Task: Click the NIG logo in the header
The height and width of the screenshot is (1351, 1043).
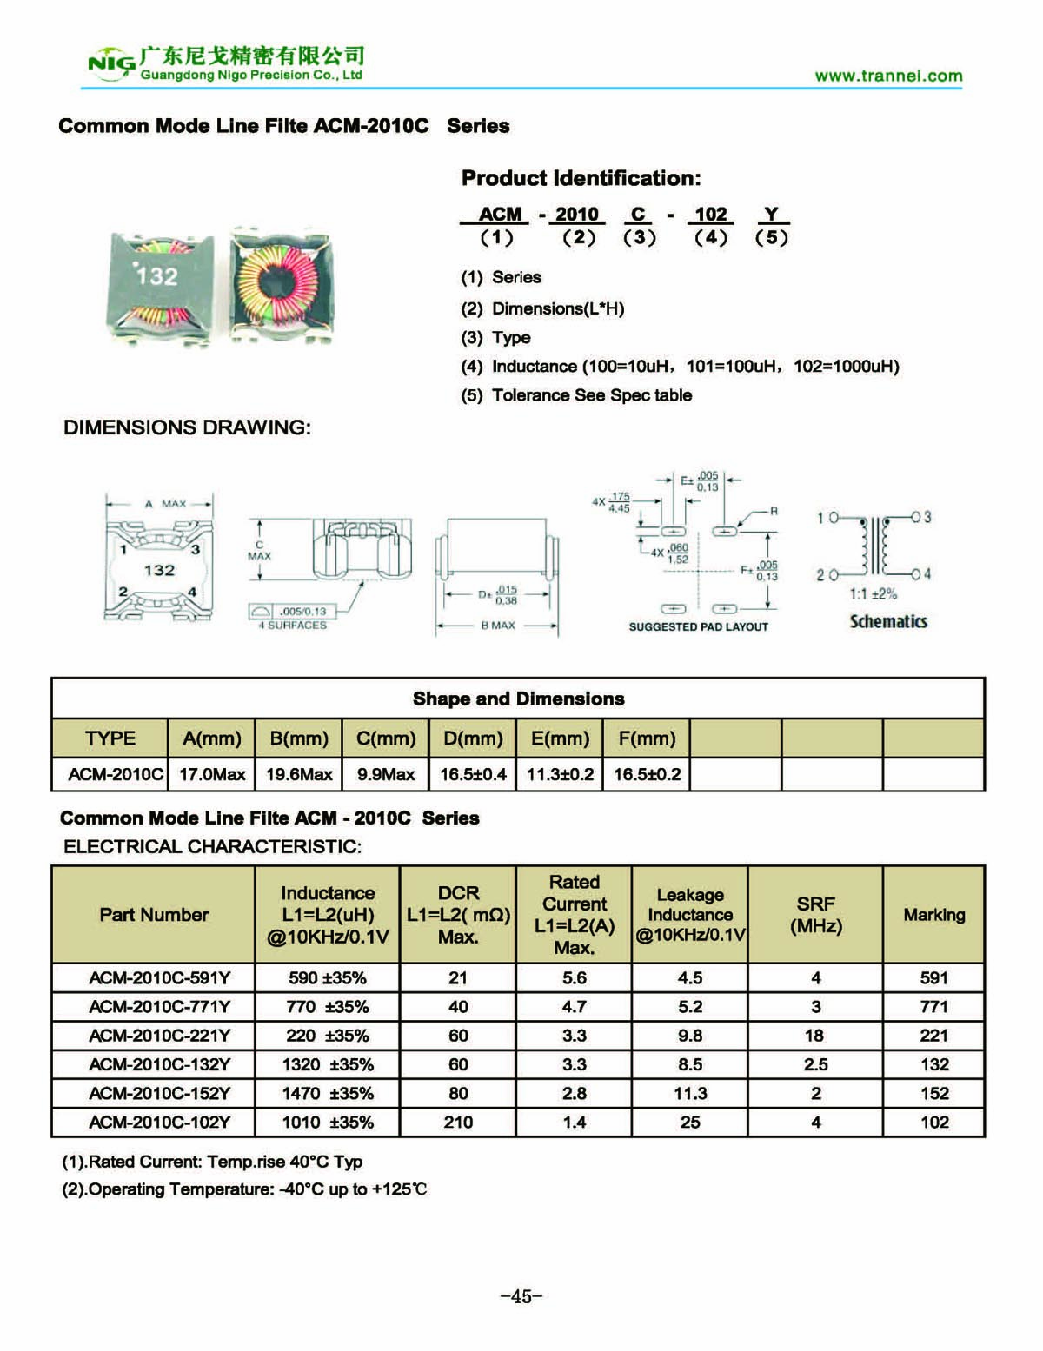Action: [x=111, y=63]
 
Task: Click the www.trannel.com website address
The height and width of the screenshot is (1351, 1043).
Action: [x=888, y=76]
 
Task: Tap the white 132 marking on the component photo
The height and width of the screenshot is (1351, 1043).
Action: [x=157, y=276]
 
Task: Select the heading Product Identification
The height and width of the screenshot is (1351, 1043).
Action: [x=581, y=178]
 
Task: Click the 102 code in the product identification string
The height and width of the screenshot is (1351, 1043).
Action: [x=710, y=215]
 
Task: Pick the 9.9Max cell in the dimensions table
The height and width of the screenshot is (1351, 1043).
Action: [x=386, y=774]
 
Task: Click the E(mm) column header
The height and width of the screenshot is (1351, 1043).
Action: [x=560, y=738]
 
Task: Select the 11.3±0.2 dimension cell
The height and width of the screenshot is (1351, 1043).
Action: [x=560, y=774]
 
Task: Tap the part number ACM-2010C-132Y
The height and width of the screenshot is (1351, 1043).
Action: [x=160, y=1064]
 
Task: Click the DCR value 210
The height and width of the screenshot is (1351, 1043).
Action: [x=458, y=1122]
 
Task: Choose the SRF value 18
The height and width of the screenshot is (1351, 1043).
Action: [x=814, y=1036]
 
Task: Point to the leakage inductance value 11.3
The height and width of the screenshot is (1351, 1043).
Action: [x=690, y=1093]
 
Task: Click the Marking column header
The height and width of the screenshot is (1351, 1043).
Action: [x=933, y=914]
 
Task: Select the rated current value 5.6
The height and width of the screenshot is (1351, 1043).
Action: [x=575, y=977]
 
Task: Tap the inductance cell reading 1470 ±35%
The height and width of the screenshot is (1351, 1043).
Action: [x=328, y=1093]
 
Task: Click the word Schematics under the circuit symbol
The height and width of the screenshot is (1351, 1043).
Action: [x=888, y=621]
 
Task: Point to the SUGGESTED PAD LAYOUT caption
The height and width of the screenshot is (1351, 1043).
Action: [x=698, y=626]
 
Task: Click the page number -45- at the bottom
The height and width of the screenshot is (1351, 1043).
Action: [x=521, y=1296]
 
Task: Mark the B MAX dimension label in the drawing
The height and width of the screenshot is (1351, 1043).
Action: [x=498, y=626]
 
